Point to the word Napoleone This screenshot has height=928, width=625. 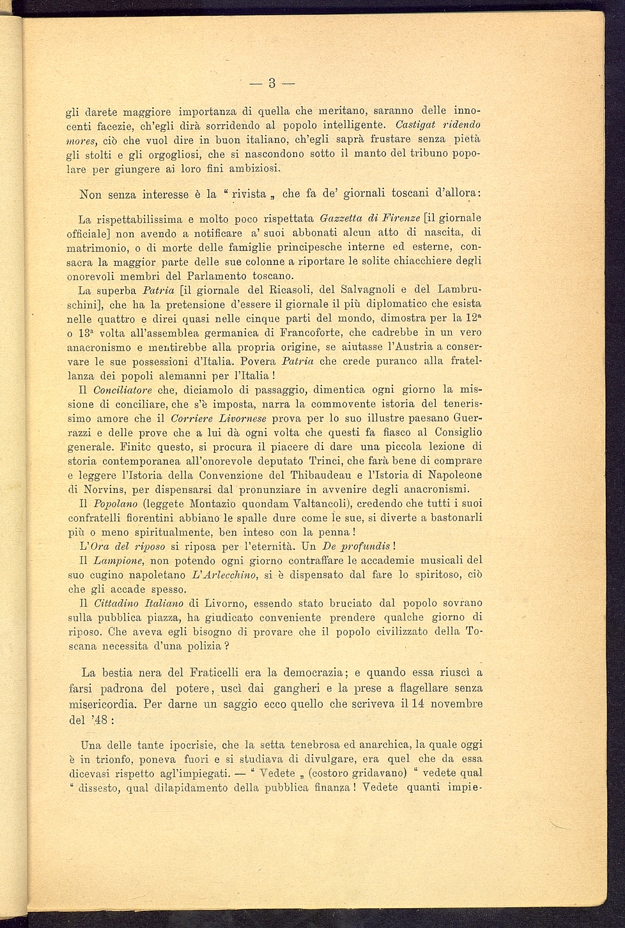[456, 475]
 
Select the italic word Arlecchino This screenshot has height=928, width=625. [229, 575]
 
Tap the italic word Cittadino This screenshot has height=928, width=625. [116, 603]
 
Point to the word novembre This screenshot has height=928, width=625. [457, 704]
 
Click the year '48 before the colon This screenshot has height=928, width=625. [98, 719]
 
